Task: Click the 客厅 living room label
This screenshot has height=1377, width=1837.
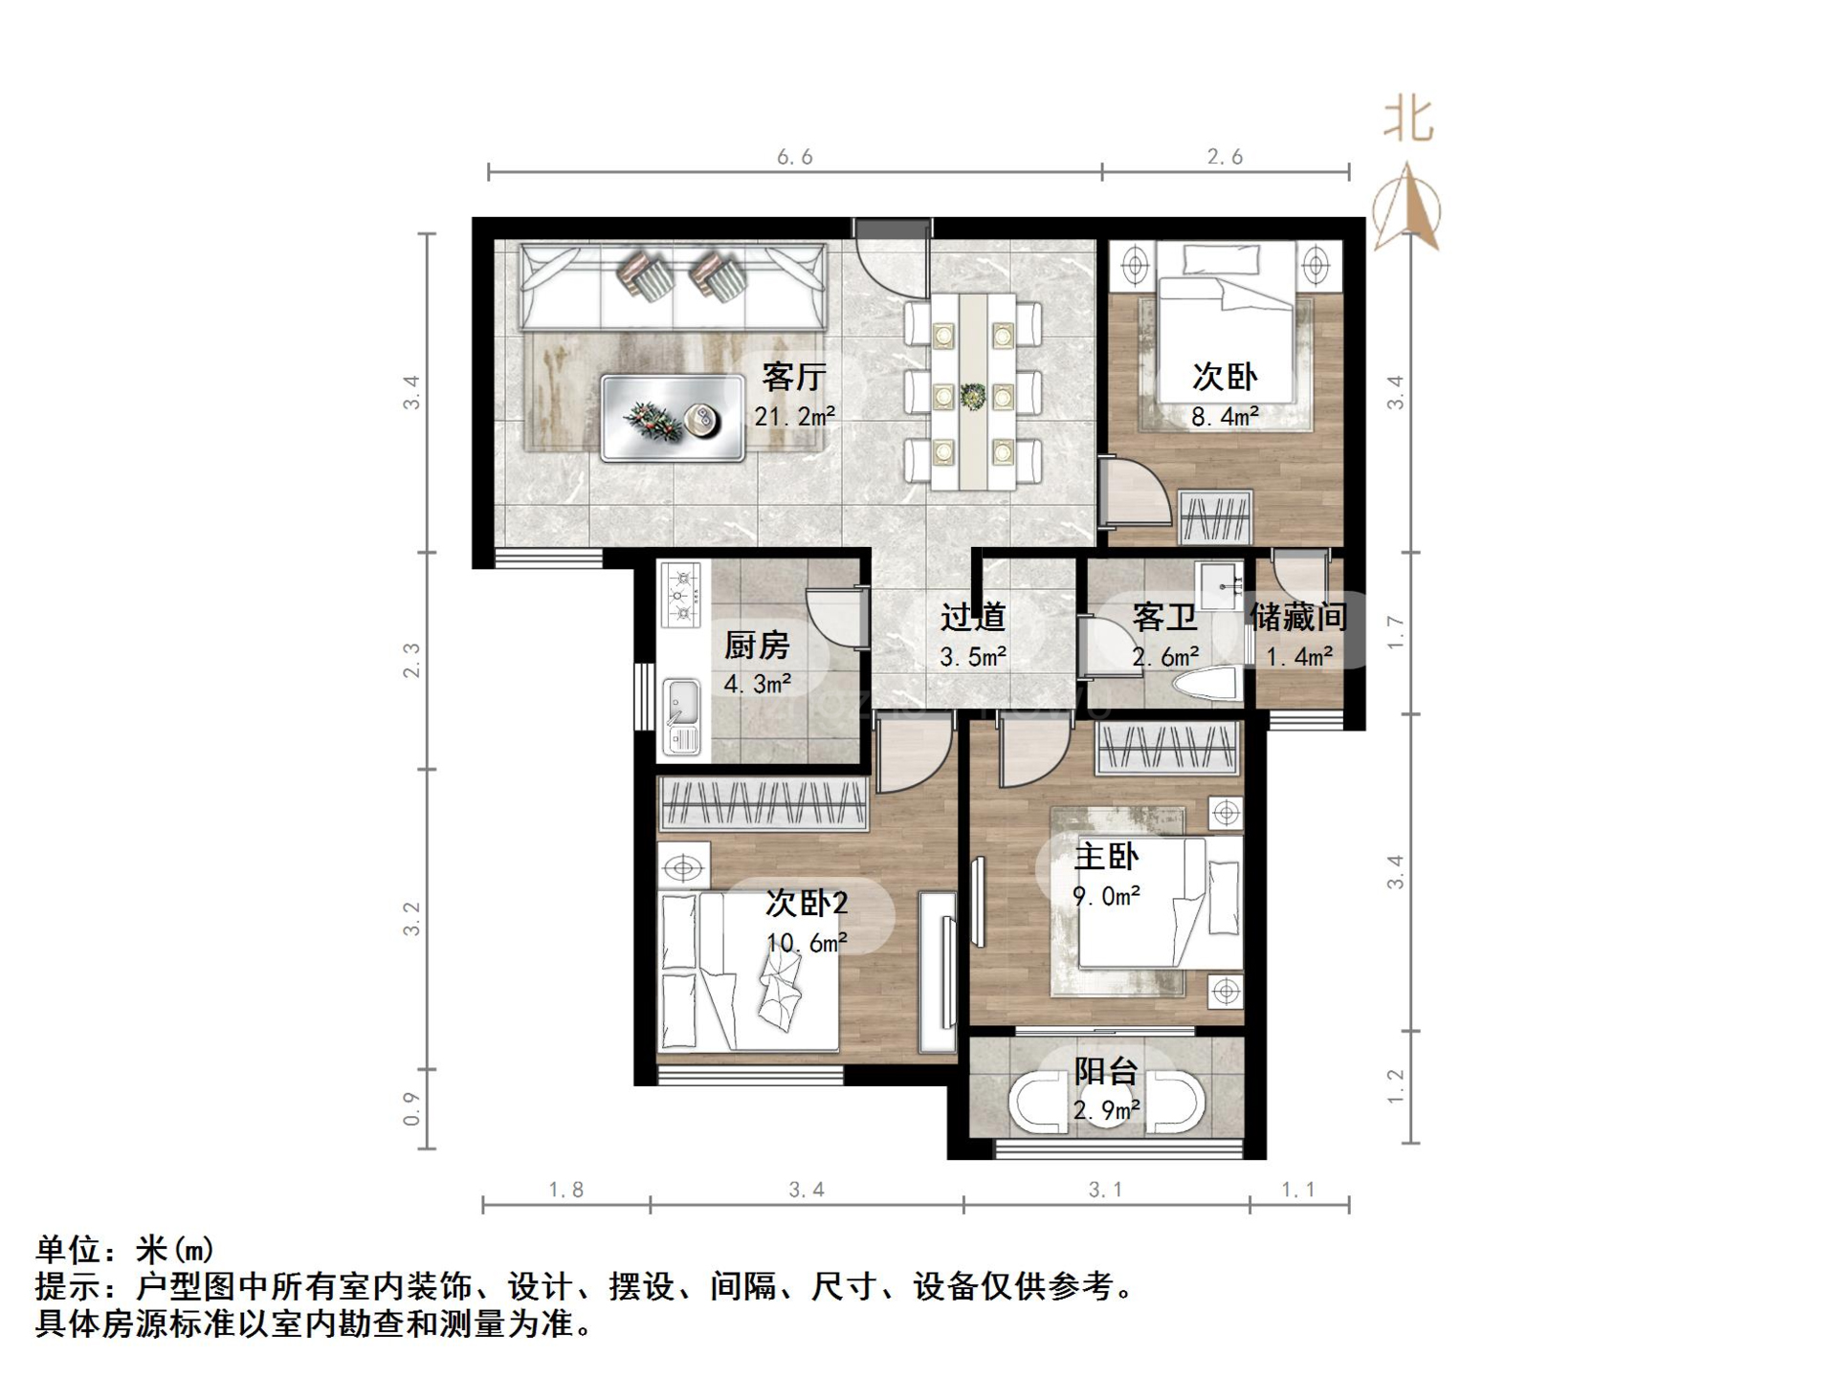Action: pyautogui.click(x=793, y=377)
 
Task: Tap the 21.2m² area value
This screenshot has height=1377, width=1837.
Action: pyautogui.click(x=794, y=417)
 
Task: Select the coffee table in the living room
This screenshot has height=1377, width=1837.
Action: pyautogui.click(x=673, y=418)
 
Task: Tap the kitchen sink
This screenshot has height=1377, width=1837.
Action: pyautogui.click(x=681, y=705)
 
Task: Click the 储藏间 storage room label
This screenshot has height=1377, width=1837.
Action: pyautogui.click(x=1298, y=618)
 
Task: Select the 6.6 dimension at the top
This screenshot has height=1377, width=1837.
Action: pyautogui.click(x=794, y=157)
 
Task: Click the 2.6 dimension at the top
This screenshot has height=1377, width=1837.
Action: pyautogui.click(x=1225, y=157)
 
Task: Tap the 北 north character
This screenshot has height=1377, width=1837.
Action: pyautogui.click(x=1408, y=120)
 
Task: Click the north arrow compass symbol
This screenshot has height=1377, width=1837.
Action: pyautogui.click(x=1406, y=208)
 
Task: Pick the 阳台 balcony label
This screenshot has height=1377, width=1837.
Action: pyautogui.click(x=1105, y=1071)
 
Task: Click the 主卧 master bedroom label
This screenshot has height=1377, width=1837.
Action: pyautogui.click(x=1106, y=856)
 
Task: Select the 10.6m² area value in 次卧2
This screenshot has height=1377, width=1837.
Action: pyautogui.click(x=807, y=944)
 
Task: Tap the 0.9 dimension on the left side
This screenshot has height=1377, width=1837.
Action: pyautogui.click(x=411, y=1108)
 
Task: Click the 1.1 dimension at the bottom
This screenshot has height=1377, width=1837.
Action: pyautogui.click(x=1298, y=1190)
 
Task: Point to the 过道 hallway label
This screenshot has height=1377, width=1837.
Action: pyautogui.click(x=972, y=618)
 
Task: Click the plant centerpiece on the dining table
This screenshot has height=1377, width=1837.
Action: pyautogui.click(x=973, y=394)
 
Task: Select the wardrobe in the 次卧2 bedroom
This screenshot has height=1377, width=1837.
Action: pyautogui.click(x=763, y=802)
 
